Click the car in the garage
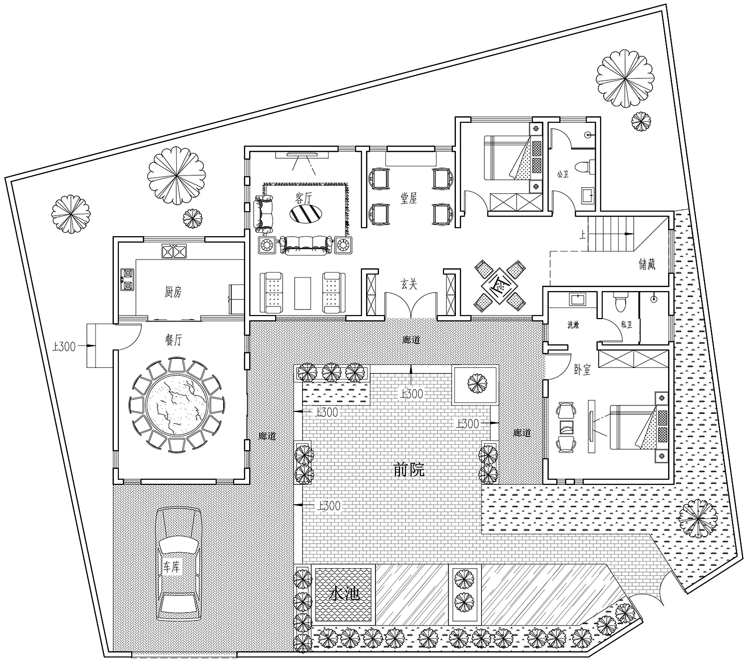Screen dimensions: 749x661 179,565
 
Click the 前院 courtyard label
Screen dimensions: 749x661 409,470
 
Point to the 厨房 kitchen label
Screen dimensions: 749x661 173,292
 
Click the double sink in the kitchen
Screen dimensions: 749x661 174,251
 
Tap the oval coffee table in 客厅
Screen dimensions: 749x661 306,213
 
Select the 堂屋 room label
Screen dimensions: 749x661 408,198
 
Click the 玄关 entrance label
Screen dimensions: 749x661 409,284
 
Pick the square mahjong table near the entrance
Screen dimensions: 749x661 499,285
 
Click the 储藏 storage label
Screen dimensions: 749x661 647,264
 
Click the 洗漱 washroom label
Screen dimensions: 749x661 573,325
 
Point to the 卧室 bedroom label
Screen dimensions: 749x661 582,369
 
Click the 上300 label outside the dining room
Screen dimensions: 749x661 64,346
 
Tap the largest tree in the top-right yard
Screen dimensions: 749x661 624,79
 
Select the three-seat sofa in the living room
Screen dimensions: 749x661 306,244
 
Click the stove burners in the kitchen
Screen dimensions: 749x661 127,279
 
